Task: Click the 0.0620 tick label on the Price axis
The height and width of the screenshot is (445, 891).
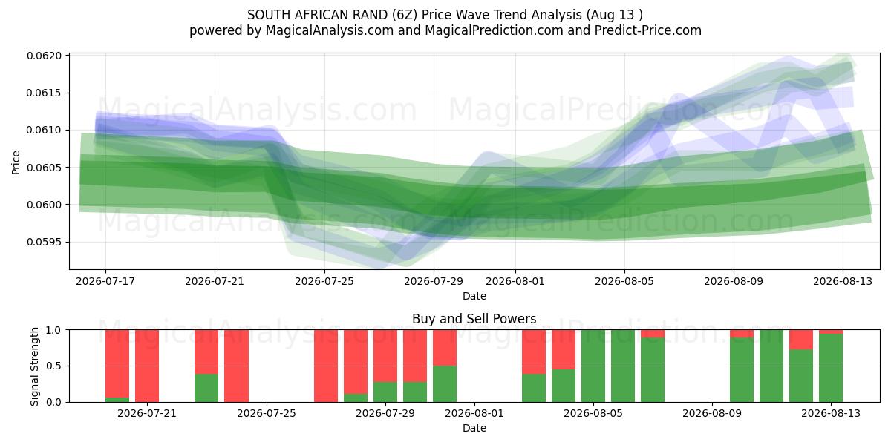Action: tap(45, 56)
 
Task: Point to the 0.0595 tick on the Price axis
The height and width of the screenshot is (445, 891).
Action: tap(45, 242)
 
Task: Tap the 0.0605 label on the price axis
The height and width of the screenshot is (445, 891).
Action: tap(45, 168)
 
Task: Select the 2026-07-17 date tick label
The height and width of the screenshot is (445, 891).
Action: tap(105, 281)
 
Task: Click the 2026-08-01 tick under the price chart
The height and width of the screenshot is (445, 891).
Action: tap(515, 281)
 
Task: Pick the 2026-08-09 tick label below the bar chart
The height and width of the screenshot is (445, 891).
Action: tap(712, 413)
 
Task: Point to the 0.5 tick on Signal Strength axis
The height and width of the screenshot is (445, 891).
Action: tap(54, 366)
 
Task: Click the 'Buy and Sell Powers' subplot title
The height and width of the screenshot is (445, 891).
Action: tap(474, 319)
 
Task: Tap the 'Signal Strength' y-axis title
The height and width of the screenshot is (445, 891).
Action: tap(35, 366)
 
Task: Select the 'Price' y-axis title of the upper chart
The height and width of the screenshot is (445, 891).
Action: tap(16, 162)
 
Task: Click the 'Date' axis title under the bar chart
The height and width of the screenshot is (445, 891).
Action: tap(474, 428)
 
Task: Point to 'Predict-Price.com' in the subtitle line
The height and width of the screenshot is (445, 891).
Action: tap(648, 30)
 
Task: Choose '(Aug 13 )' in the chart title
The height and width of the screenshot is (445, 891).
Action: tap(614, 15)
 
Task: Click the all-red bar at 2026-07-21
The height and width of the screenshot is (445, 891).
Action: tap(147, 366)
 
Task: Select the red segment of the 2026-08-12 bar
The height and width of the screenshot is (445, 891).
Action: tap(801, 340)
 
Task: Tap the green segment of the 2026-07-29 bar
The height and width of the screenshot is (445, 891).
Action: tap(385, 392)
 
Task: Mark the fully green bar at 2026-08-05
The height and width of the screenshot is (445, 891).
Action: tap(593, 366)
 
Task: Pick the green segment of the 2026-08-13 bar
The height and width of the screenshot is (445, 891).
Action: tap(831, 368)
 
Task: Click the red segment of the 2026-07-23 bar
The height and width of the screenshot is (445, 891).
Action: tap(206, 352)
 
